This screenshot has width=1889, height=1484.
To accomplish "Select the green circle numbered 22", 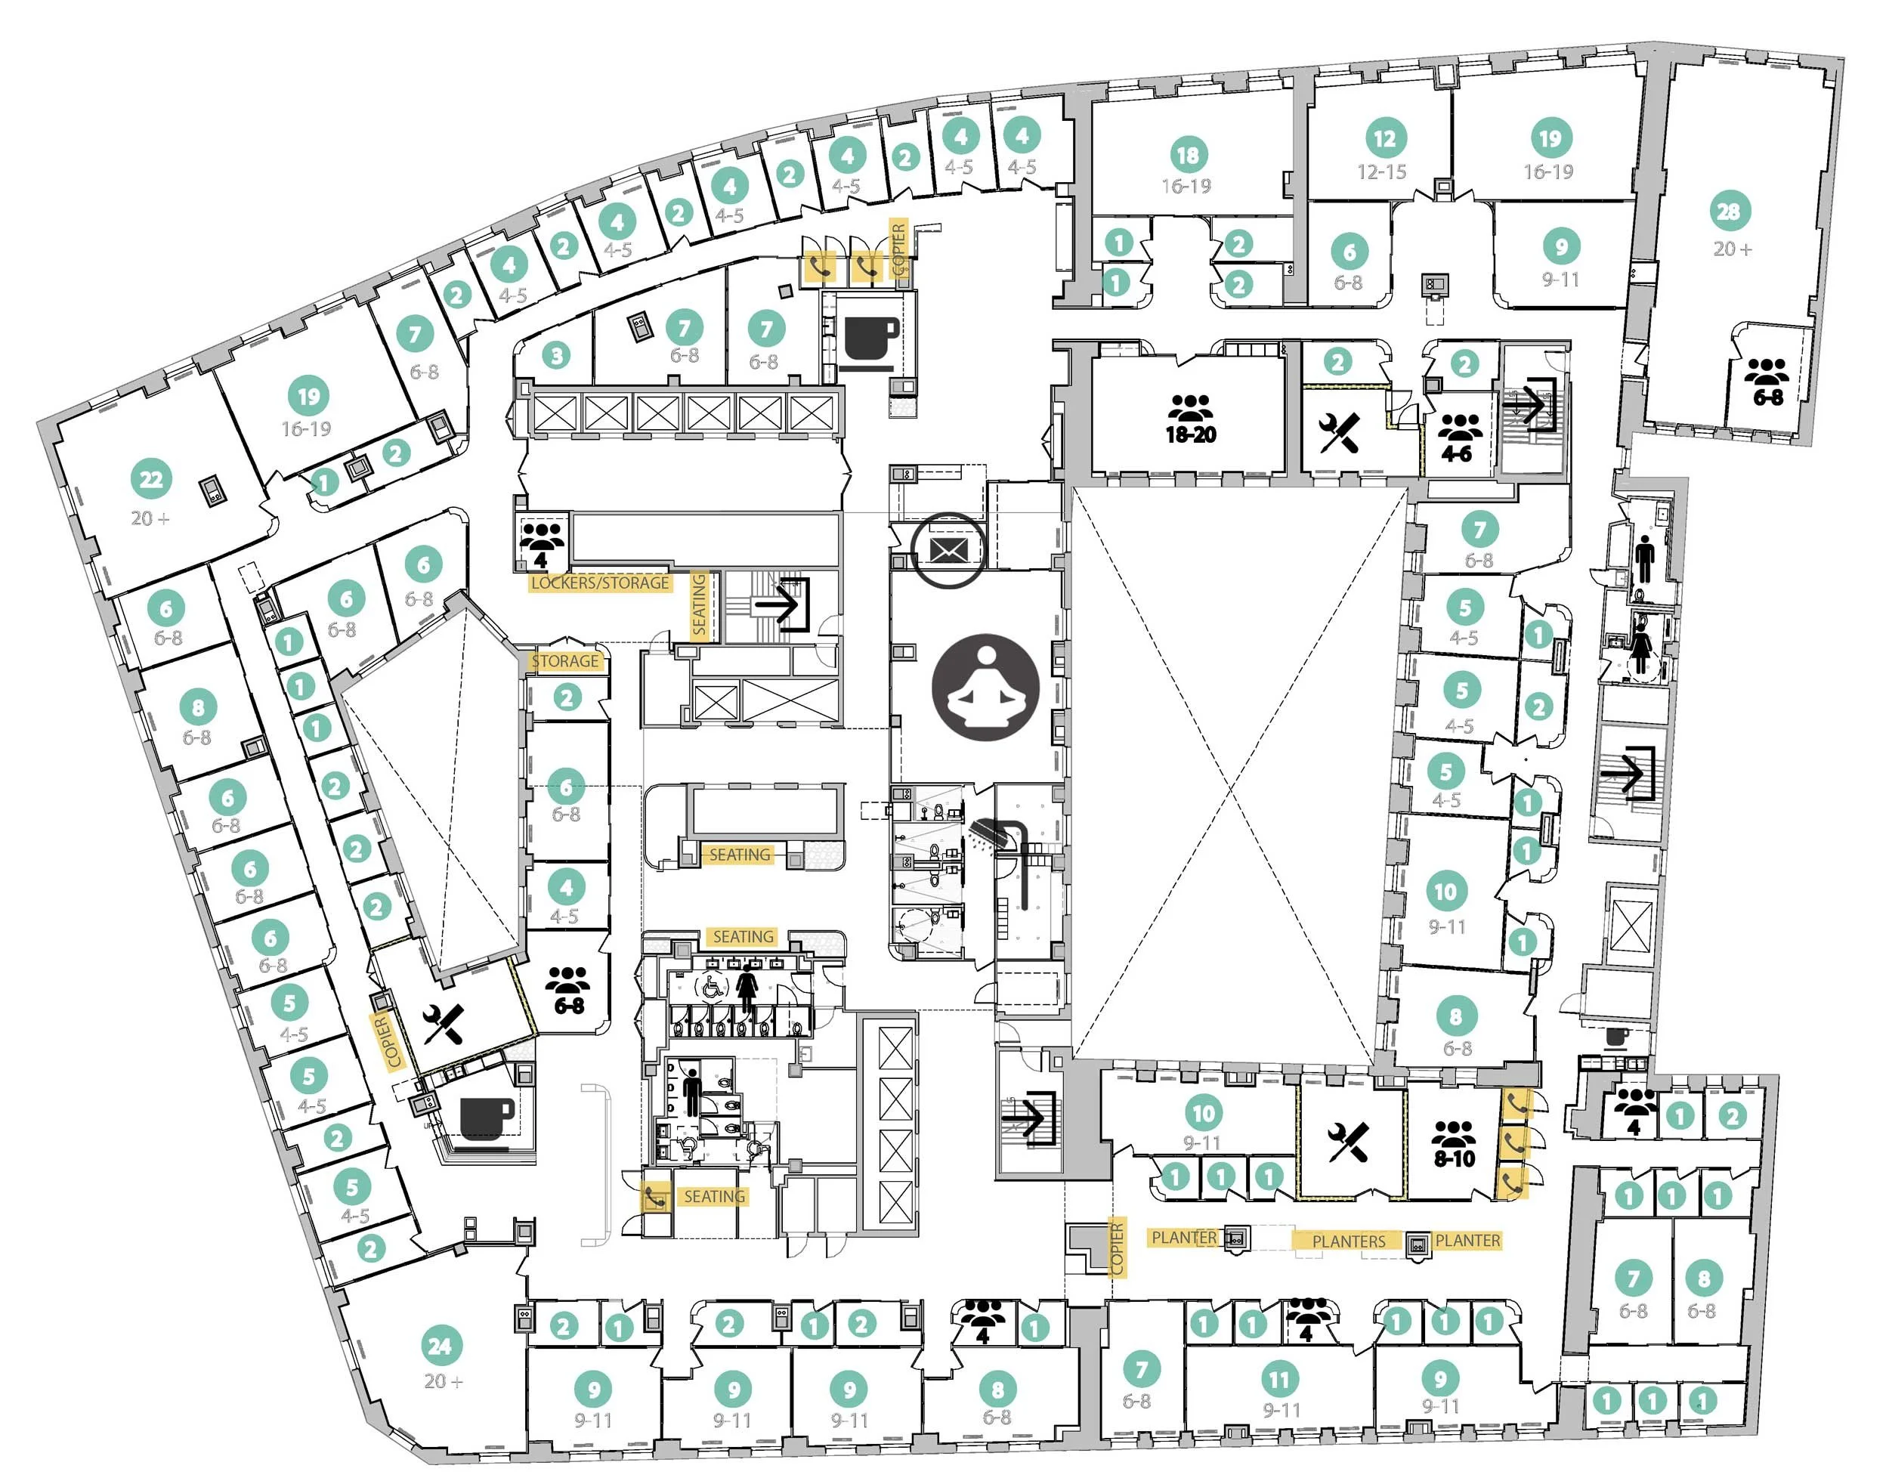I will [151, 479].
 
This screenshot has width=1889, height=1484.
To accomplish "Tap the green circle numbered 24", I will [440, 1346].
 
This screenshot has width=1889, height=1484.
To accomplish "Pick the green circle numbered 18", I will [1187, 155].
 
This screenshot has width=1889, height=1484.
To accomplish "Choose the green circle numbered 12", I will [1384, 138].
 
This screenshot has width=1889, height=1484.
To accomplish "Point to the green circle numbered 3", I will [556, 354].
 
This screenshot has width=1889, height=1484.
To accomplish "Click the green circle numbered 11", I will [1279, 1379].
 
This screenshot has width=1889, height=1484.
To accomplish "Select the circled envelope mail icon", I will [949, 550].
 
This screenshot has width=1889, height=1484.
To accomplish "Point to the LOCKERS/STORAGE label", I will [599, 583].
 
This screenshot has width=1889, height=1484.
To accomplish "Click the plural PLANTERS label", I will [1349, 1241].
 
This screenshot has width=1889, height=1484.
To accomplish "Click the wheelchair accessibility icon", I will [711, 986].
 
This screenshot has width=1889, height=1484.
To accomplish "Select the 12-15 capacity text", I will [1381, 172].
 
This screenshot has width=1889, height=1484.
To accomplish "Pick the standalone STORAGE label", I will [564, 661].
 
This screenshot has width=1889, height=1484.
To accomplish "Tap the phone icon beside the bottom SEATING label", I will [654, 1198].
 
